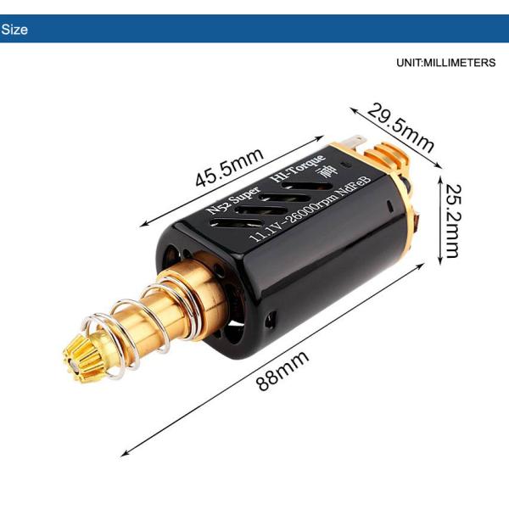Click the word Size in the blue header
14,30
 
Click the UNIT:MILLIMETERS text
445,64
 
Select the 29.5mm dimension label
400,127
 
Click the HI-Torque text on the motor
296,169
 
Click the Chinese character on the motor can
325,172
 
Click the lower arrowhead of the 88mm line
126,454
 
